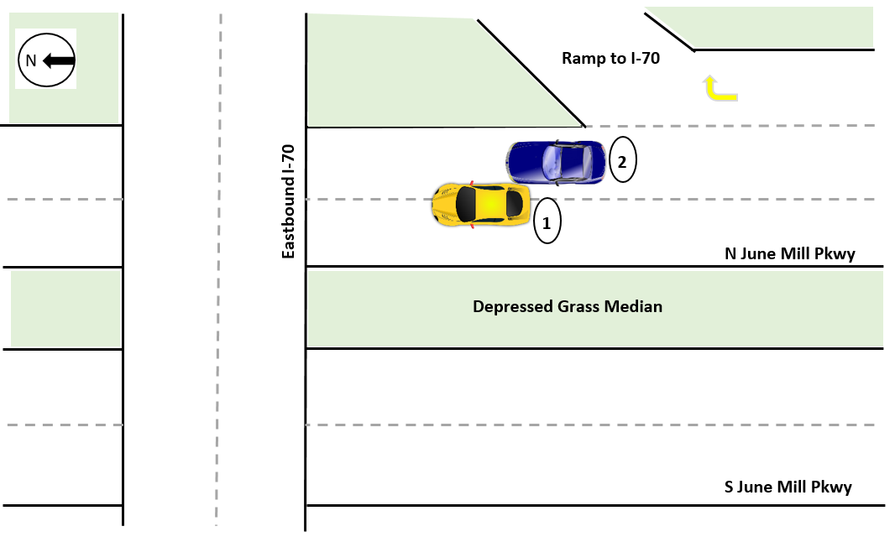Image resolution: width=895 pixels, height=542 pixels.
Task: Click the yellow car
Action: point(480,204)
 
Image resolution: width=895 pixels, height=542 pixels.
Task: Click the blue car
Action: point(557,163)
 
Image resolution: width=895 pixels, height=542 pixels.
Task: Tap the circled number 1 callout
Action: point(546,223)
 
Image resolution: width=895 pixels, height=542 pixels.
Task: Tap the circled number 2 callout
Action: point(622,162)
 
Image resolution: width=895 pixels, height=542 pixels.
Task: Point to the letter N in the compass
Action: point(31,60)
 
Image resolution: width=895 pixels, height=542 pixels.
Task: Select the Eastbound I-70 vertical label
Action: point(288,201)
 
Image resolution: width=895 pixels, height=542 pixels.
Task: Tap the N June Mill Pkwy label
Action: point(789,253)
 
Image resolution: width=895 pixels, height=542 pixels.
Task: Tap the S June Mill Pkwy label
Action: point(788,487)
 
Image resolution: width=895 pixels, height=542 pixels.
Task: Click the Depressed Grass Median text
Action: point(568,306)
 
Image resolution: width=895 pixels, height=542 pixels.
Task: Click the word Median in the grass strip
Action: point(634,306)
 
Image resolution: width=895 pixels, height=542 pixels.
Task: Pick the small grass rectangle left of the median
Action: point(65,308)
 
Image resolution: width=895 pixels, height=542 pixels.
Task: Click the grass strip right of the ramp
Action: point(781,29)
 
